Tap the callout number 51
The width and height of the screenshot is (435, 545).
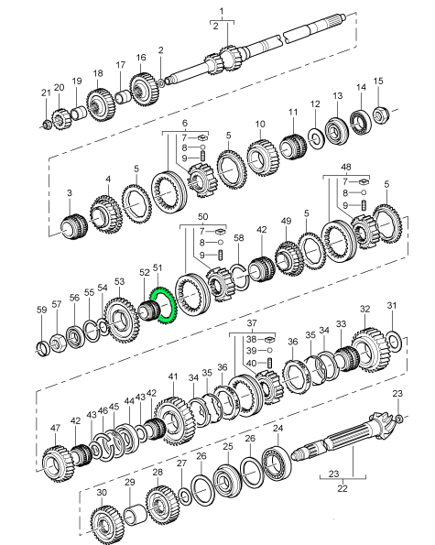tap(158, 268)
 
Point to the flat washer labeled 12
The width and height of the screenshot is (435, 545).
tap(315, 138)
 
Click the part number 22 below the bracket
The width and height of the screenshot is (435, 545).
tap(343, 488)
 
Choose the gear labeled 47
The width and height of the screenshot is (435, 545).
tap(58, 463)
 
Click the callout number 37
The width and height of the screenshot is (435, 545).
tap(252, 323)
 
